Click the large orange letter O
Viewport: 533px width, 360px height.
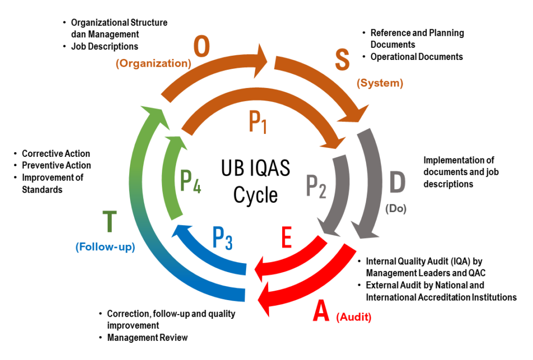[x=202, y=48]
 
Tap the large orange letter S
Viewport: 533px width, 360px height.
[x=342, y=59]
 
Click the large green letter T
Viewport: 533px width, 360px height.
[x=109, y=222]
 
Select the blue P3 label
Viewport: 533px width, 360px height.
[x=222, y=238]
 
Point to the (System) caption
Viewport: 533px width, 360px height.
[x=379, y=83]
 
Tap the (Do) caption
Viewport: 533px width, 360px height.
[x=396, y=209]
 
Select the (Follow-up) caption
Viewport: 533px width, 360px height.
[x=105, y=247]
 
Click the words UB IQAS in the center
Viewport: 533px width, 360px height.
[x=255, y=170]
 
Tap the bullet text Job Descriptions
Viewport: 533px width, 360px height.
[x=105, y=46]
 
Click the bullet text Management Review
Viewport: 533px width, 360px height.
[x=147, y=338]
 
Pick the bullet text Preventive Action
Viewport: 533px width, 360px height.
[x=56, y=165]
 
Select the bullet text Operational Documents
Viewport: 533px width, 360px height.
[x=416, y=57]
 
